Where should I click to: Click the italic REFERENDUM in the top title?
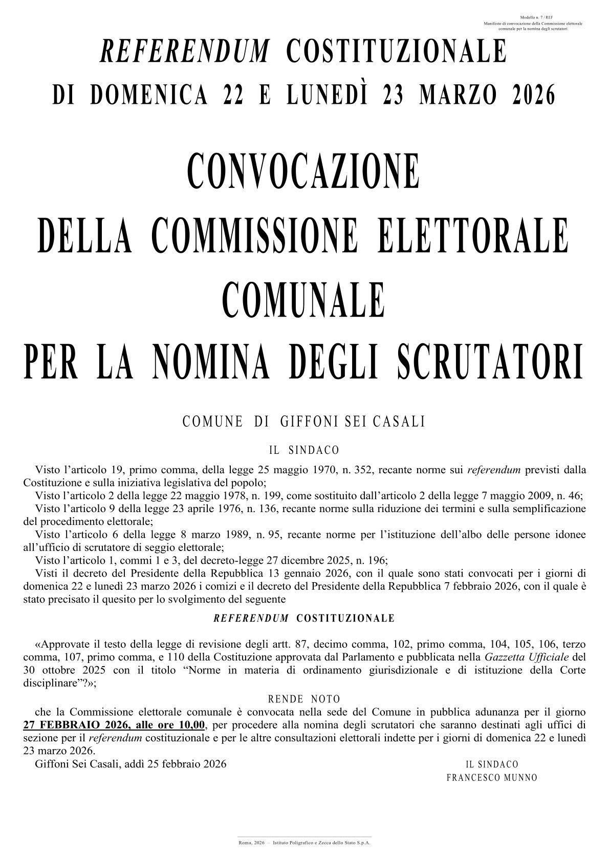coord(185,51)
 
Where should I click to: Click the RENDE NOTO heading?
coord(304,699)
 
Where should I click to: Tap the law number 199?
coord(265,495)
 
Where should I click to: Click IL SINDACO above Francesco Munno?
coord(492,764)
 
